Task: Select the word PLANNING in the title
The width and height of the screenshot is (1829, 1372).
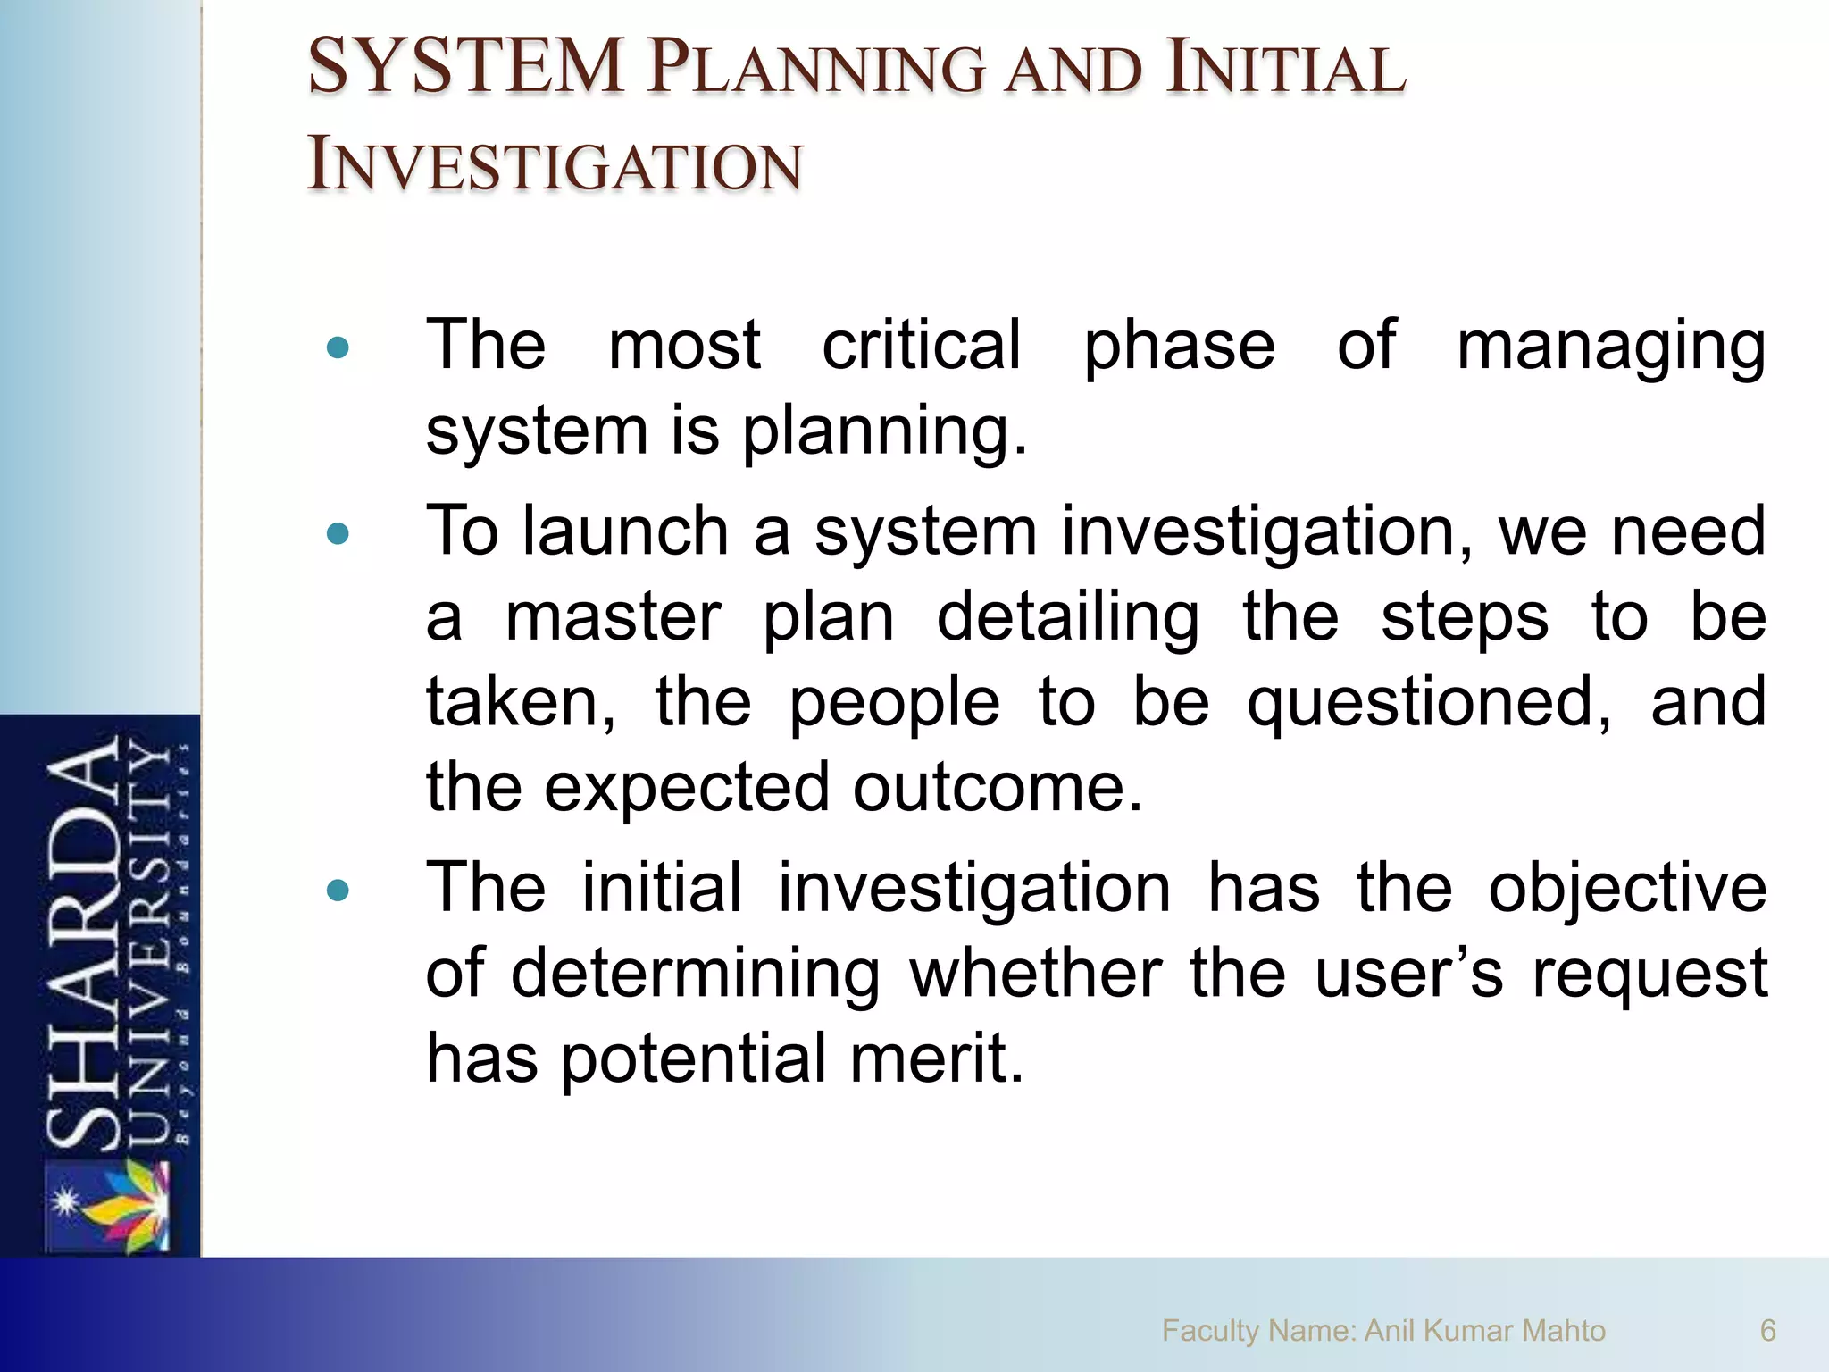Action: (816, 70)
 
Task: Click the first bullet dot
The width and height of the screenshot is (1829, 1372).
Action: (338, 348)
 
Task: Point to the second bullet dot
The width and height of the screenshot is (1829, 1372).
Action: (338, 534)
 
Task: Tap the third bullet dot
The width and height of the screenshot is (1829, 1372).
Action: (338, 891)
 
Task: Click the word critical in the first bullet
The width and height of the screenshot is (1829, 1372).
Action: (921, 345)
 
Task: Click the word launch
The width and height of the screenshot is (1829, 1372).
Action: (626, 531)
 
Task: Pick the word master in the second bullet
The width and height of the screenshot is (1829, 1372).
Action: (613, 617)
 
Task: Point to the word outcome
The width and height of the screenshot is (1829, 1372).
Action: (997, 789)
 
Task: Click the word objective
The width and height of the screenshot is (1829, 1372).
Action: (1626, 890)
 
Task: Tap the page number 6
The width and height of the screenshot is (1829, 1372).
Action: (1767, 1331)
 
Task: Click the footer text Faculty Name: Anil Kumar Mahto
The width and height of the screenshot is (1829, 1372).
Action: (1382, 1331)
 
